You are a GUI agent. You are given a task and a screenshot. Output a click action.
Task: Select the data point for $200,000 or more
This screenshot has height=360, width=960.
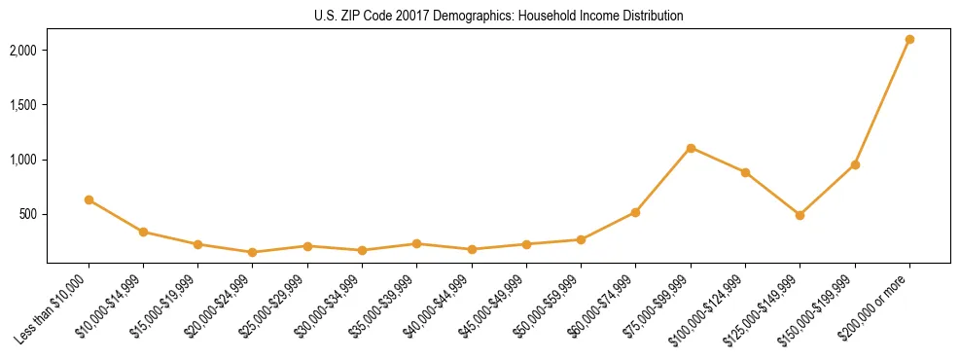pos(909,39)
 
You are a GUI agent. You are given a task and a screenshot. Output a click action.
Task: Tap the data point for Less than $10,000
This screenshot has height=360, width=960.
pos(89,199)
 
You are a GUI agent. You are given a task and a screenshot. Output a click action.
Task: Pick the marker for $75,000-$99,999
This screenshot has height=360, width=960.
pos(691,148)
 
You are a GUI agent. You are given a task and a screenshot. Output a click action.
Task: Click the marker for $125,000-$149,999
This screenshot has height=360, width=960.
pos(800,215)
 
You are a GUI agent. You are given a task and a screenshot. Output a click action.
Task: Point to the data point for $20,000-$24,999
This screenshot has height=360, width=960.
pos(253,252)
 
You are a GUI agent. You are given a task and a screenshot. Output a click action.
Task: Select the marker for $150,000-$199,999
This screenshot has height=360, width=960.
pos(855,164)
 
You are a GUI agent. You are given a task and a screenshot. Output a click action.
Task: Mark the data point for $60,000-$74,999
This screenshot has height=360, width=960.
pos(635,212)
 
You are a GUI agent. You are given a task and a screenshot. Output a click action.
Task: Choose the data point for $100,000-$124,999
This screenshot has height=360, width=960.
pos(745,172)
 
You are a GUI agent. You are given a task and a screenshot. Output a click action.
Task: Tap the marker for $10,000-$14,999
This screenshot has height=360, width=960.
pos(143,232)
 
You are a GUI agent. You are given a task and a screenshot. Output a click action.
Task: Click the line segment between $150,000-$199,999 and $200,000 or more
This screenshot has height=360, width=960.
pos(882,102)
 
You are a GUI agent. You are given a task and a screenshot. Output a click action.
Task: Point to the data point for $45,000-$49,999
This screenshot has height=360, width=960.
pos(526,244)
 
